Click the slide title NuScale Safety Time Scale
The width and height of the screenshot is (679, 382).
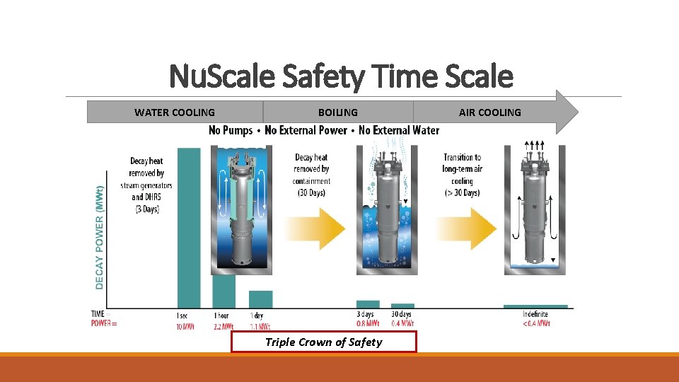point(341,76)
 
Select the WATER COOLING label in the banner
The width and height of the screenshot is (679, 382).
point(175,112)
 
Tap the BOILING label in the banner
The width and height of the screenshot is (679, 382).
point(337,112)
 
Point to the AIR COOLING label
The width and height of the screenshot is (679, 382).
point(489,112)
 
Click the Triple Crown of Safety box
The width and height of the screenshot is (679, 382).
point(323,342)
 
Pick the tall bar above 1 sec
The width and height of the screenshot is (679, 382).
point(188,226)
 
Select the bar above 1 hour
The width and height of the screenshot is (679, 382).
point(224,291)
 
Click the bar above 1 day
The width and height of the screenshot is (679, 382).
point(260,299)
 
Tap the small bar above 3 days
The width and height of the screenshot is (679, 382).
point(368,304)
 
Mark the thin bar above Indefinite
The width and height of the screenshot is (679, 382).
point(535,306)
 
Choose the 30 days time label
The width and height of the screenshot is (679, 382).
point(402,314)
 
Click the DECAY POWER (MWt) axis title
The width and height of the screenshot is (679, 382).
point(99,237)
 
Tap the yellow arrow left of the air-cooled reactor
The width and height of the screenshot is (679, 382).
point(467,228)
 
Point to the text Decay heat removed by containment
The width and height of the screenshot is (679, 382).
point(311,175)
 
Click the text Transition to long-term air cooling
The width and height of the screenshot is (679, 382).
point(462,175)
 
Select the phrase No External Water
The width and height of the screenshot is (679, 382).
point(399,130)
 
